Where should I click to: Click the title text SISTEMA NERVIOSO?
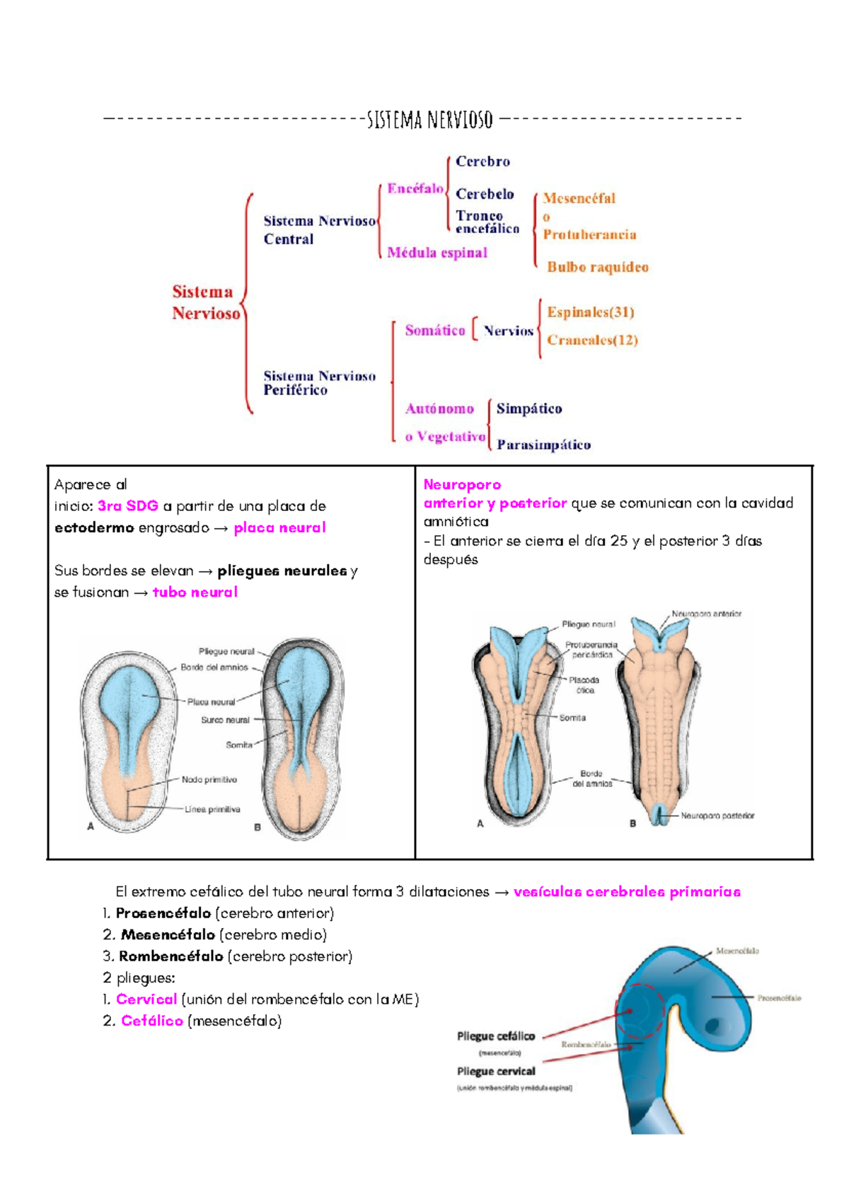click(x=429, y=120)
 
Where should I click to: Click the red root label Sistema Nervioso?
click(x=205, y=302)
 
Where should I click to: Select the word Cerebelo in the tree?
click(x=485, y=194)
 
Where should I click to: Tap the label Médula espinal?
click(x=437, y=253)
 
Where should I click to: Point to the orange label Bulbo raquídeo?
click(x=597, y=267)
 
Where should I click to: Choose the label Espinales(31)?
click(x=590, y=312)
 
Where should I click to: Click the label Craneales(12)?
click(x=592, y=340)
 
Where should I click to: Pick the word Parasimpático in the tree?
click(x=543, y=444)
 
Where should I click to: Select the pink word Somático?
click(x=434, y=331)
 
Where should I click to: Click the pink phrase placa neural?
click(x=279, y=527)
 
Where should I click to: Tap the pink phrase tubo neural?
click(x=195, y=592)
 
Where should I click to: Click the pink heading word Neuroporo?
click(x=462, y=485)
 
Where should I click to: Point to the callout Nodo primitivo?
click(x=209, y=779)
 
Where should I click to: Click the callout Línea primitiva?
click(x=212, y=809)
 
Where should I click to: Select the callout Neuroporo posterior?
click(x=717, y=815)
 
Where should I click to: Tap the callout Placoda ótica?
click(x=584, y=684)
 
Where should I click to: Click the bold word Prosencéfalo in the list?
click(x=163, y=913)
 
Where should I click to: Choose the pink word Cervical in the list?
click(x=146, y=999)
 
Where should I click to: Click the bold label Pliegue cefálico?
click(x=496, y=1036)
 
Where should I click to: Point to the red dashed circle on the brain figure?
click(x=640, y=1011)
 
